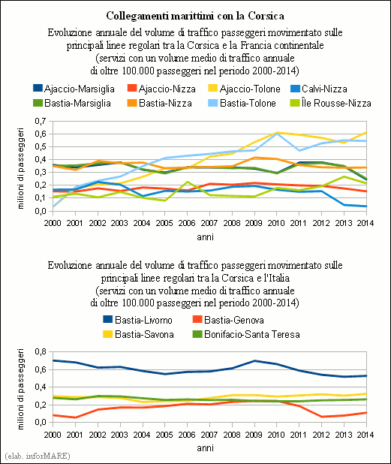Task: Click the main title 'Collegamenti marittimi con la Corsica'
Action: [195, 16]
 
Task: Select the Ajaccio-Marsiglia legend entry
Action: [74, 89]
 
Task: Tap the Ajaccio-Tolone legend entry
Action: [244, 89]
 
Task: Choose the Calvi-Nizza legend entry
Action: [319, 89]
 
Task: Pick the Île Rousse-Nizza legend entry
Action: [331, 103]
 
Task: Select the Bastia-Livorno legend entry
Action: [137, 320]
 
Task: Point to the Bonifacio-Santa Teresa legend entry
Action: [246, 334]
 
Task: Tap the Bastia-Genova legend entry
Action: [228, 320]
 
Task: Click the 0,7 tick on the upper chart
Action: [41, 121]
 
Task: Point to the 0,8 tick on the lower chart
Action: [41, 352]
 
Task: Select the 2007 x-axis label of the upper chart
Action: [209, 223]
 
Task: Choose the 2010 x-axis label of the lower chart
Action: [276, 435]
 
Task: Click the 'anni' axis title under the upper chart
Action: [206, 237]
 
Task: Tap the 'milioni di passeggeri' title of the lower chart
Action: [20, 389]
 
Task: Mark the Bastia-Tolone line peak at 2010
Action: [276, 134]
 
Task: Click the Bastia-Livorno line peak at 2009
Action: [254, 360]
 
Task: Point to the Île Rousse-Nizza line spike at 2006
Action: [187, 182]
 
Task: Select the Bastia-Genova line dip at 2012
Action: [321, 417]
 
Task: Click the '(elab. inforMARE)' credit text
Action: [38, 456]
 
